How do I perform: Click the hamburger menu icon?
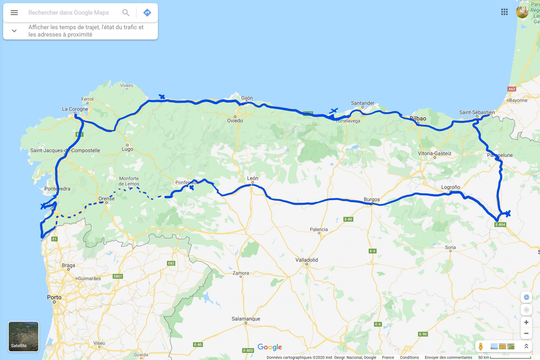pyautogui.click(x=14, y=13)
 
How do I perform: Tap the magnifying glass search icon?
pyautogui.click(x=126, y=13)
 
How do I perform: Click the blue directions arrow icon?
pyautogui.click(x=147, y=13)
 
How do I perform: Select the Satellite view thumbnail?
pyautogui.click(x=23, y=336)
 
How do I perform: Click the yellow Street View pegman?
pyautogui.click(x=481, y=346)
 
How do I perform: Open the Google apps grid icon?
pyautogui.click(x=504, y=12)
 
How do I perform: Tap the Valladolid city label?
pyautogui.click(x=306, y=260)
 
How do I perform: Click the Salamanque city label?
pyautogui.click(x=246, y=319)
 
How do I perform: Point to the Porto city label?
pyautogui.click(x=54, y=297)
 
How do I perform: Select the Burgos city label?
pyautogui.click(x=372, y=199)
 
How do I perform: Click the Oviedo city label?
pyautogui.click(x=235, y=121)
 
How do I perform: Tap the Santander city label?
pyautogui.click(x=363, y=103)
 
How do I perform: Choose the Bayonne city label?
pyautogui.click(x=518, y=100)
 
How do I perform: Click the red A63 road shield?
pyautogui.click(x=512, y=89)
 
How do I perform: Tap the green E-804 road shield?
pyautogui.click(x=500, y=225)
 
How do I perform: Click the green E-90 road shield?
pyautogui.click(x=423, y=334)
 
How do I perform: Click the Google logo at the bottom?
pyautogui.click(x=269, y=347)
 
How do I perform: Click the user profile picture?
pyautogui.click(x=522, y=12)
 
